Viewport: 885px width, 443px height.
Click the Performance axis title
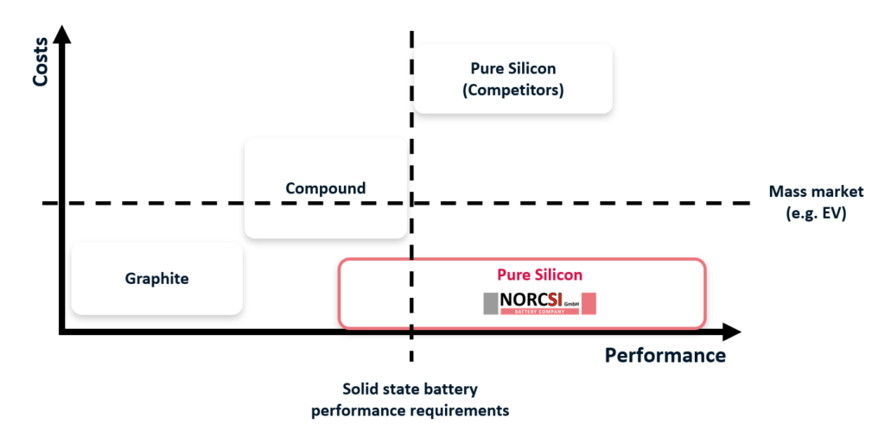665,355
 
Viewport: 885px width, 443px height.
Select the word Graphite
156,278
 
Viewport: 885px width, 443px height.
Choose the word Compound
325,188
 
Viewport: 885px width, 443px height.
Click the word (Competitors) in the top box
513,89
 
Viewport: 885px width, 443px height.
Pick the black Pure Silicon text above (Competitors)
513,68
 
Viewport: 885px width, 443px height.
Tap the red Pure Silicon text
539,275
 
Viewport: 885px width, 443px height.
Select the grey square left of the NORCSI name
490,303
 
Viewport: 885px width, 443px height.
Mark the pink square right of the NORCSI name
589,303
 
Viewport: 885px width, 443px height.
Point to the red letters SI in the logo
553,300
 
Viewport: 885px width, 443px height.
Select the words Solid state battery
410,389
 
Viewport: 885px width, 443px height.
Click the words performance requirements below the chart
410,410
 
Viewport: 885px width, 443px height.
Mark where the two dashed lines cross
411,203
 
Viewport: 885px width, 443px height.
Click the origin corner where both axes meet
62,331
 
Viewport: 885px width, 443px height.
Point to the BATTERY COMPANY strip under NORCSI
540,312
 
